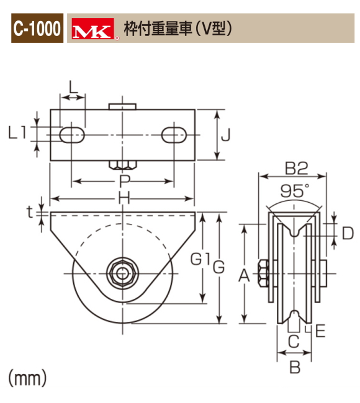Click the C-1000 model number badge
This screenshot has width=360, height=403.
coord(37,29)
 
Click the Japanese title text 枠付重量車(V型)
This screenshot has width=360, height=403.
coord(178,29)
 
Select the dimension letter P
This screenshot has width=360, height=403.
coord(124,181)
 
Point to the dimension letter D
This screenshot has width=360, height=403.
coord(348,233)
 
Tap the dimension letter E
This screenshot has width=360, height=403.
coord(320,331)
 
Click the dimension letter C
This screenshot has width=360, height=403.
coord(294,340)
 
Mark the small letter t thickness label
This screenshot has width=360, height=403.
coord(29,211)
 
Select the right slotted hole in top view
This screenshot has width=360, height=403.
coord(175,135)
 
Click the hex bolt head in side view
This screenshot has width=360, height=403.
coord(262,272)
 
